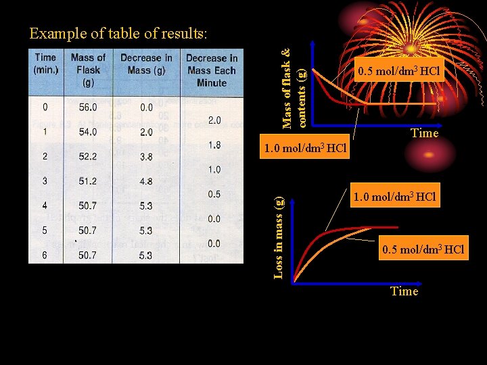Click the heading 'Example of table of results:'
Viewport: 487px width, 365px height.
[118, 33]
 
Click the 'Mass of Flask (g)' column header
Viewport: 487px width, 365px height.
[88, 70]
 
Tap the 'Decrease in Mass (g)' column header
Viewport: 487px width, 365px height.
[146, 64]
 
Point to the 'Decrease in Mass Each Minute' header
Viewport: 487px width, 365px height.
[211, 70]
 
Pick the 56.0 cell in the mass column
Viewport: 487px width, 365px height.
[88, 107]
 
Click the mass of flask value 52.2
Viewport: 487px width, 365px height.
[88, 157]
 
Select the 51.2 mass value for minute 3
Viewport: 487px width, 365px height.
[88, 181]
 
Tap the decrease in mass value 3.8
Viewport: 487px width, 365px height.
[146, 157]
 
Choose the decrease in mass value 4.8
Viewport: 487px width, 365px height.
[146, 181]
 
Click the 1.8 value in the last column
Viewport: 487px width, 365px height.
[214, 145]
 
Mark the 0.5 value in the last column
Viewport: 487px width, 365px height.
[214, 194]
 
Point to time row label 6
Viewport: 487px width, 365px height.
[45, 255]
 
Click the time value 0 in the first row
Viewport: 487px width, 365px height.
[45, 107]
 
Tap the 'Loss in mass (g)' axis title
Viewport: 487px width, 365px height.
[279, 235]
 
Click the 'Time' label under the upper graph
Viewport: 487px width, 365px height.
[425, 133]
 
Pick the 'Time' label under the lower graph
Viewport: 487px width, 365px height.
[404, 291]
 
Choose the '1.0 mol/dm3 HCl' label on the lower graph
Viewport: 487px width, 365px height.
[395, 196]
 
